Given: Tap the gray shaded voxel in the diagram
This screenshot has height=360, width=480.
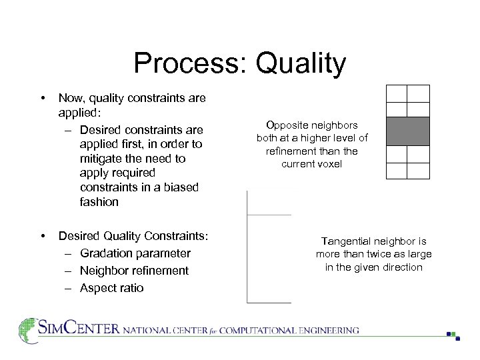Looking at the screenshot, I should click(x=407, y=131).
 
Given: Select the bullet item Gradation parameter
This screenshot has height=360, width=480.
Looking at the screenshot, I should click(x=135, y=253).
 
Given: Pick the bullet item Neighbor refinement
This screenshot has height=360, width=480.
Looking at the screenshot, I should click(x=134, y=271).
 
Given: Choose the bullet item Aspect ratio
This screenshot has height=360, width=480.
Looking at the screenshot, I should click(x=111, y=288).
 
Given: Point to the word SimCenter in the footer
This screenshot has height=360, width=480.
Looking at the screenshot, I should click(x=79, y=329).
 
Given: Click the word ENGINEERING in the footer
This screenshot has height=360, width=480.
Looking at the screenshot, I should click(x=328, y=330).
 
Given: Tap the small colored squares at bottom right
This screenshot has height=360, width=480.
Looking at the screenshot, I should click(x=453, y=335).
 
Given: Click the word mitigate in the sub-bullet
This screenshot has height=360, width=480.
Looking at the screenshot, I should click(x=99, y=159).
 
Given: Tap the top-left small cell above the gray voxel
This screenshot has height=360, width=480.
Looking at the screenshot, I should click(x=397, y=93).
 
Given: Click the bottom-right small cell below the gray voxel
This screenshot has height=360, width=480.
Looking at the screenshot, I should click(x=418, y=171).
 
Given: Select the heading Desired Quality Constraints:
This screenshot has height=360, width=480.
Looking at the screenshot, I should click(x=133, y=236).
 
